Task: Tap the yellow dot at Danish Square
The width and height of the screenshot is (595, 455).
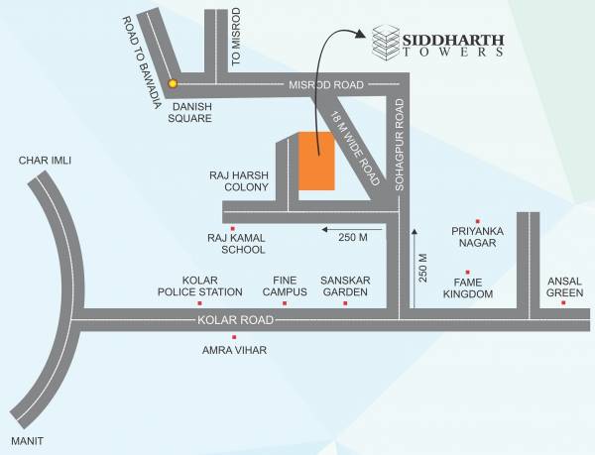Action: point(173,84)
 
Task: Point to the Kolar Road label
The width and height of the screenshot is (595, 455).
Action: point(235,320)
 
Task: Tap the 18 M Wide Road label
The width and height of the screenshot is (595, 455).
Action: point(356,149)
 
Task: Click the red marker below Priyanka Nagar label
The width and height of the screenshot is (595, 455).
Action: point(477,221)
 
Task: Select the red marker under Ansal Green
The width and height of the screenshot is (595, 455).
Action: point(563,302)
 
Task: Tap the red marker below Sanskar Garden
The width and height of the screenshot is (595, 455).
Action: point(345,302)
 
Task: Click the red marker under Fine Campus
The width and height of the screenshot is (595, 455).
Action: point(285,302)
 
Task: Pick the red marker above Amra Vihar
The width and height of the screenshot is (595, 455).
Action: point(234,338)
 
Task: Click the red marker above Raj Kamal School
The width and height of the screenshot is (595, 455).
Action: point(232,229)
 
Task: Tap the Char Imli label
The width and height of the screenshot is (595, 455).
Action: point(45,160)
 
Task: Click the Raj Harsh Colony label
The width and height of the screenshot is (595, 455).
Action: point(239,180)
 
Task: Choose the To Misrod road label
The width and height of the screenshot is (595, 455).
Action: point(236,37)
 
